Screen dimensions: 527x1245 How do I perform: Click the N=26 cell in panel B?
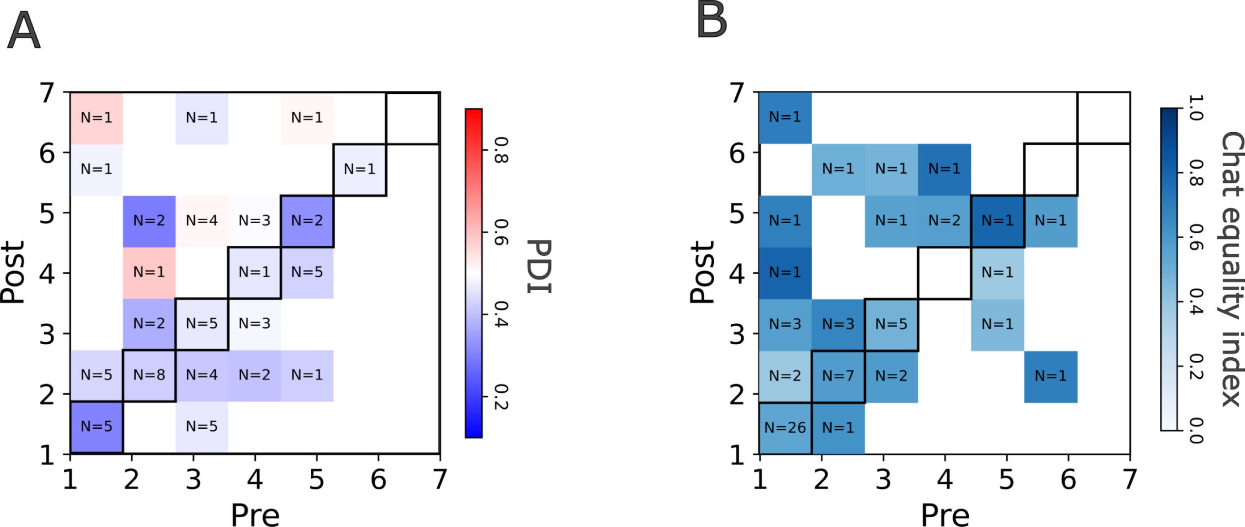tap(785, 427)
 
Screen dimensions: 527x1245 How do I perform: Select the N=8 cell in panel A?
tap(149, 375)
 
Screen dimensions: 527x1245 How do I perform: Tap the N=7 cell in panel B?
tap(838, 376)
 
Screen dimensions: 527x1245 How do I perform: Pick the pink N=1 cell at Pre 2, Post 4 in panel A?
tap(149, 272)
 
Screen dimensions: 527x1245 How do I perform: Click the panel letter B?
tap(711, 20)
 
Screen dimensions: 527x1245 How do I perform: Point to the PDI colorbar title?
tap(539, 266)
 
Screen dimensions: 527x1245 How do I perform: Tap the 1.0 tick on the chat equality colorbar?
tap(1195, 108)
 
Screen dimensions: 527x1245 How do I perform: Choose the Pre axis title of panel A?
tap(255, 514)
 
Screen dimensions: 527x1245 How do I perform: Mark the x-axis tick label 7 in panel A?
tap(440, 479)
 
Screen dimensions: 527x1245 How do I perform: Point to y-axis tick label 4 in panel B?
tap(737, 273)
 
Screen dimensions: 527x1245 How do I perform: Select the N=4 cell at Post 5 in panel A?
tap(202, 221)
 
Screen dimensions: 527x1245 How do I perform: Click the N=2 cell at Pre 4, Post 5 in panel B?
tap(944, 221)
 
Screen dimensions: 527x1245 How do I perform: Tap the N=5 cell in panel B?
tap(891, 324)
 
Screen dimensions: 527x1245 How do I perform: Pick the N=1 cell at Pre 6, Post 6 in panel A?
tap(359, 169)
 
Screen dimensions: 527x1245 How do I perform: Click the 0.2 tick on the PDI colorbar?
tap(500, 397)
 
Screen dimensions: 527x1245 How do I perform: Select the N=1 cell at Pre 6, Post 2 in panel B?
tap(1050, 376)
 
